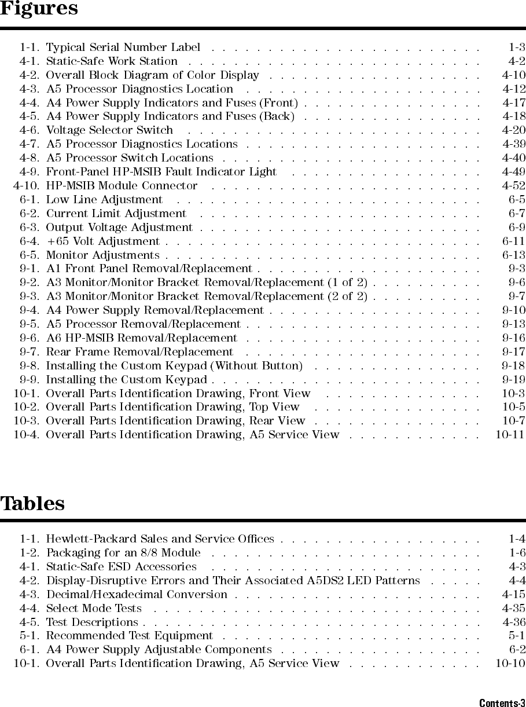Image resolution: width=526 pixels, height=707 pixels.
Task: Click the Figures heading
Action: [x=39, y=9]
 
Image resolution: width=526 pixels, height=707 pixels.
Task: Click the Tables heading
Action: [x=32, y=504]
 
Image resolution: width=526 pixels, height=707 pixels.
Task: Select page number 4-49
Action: [x=513, y=171]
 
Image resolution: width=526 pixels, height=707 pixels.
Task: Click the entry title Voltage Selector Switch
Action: [x=109, y=130]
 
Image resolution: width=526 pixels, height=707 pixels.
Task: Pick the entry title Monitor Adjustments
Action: [x=102, y=255]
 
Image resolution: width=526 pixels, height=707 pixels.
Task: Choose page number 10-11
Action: [x=510, y=434]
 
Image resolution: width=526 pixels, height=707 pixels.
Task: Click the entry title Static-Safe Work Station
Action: [x=112, y=61]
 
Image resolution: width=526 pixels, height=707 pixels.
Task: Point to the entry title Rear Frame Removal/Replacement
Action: [x=139, y=351]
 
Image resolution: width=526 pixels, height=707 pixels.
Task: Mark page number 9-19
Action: [x=513, y=379]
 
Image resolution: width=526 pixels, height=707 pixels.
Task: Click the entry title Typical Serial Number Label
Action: [x=123, y=47]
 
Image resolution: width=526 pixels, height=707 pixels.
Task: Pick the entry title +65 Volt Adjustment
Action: [x=103, y=241]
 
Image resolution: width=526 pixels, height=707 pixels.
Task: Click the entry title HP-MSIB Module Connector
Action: [x=122, y=185]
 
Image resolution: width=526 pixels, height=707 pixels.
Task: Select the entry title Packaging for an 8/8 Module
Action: [x=123, y=552]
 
